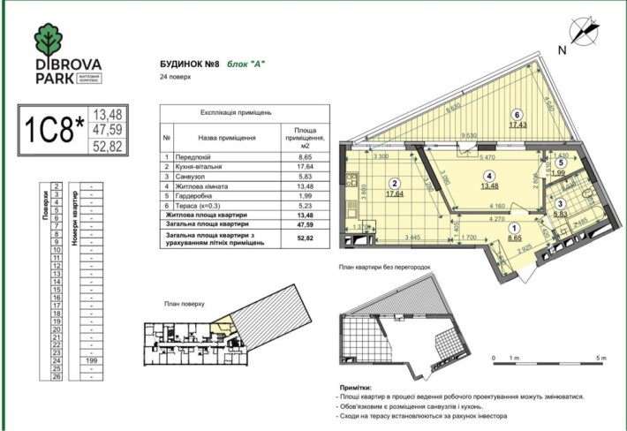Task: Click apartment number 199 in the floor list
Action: (x=91, y=360)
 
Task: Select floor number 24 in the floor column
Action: (x=57, y=360)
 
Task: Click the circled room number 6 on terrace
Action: (x=518, y=115)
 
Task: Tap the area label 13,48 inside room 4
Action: (x=490, y=185)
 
